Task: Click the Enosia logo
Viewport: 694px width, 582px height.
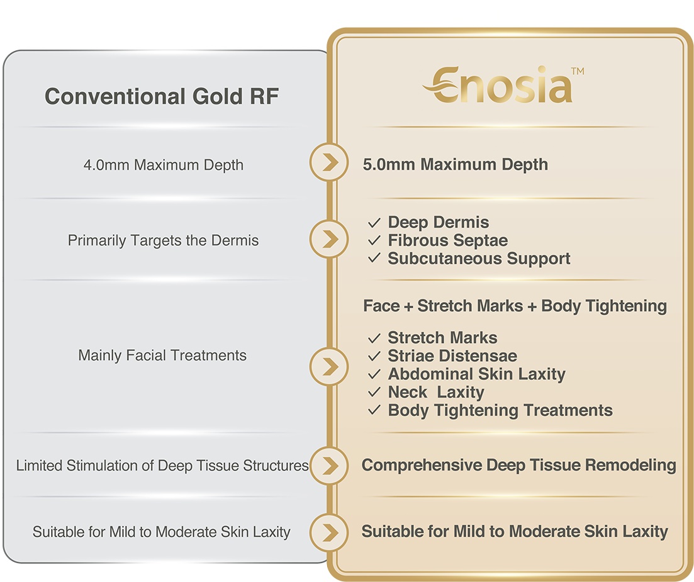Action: [x=498, y=84]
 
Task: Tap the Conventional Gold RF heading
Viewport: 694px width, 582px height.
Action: [x=162, y=96]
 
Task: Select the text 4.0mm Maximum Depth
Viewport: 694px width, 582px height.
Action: [x=164, y=165]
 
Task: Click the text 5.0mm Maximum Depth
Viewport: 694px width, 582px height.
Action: [x=455, y=164]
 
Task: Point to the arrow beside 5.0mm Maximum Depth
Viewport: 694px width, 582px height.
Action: [x=329, y=162]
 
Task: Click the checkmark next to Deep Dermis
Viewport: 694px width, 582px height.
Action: [x=374, y=222]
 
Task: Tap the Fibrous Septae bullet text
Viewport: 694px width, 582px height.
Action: [x=447, y=240]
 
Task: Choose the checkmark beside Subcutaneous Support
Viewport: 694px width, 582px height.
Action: [x=374, y=258]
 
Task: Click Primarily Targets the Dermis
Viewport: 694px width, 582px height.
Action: [x=163, y=240]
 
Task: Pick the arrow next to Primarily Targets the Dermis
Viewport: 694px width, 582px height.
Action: [x=329, y=238]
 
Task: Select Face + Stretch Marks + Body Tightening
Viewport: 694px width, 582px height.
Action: [x=515, y=306]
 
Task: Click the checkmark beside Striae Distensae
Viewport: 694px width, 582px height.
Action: [x=374, y=356]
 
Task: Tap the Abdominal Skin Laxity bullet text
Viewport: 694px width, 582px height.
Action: [x=477, y=374]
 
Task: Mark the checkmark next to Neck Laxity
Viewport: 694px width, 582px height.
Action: [x=374, y=392]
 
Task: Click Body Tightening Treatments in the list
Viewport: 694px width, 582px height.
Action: [x=500, y=410]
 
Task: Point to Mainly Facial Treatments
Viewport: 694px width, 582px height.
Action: [x=162, y=355]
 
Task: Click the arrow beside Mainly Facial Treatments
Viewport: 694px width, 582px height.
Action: [x=329, y=366]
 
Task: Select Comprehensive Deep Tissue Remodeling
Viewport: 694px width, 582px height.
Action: [x=518, y=465]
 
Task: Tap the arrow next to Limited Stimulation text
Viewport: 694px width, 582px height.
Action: [x=329, y=465]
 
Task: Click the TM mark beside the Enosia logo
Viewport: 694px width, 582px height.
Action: [x=578, y=71]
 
